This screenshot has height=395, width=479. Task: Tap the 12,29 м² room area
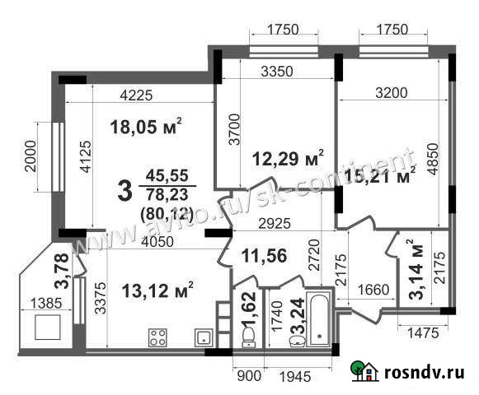287,156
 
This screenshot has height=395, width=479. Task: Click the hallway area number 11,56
264,257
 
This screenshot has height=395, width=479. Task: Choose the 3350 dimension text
277,72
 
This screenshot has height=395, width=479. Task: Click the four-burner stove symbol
157,337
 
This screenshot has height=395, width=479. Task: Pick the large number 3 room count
124,192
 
